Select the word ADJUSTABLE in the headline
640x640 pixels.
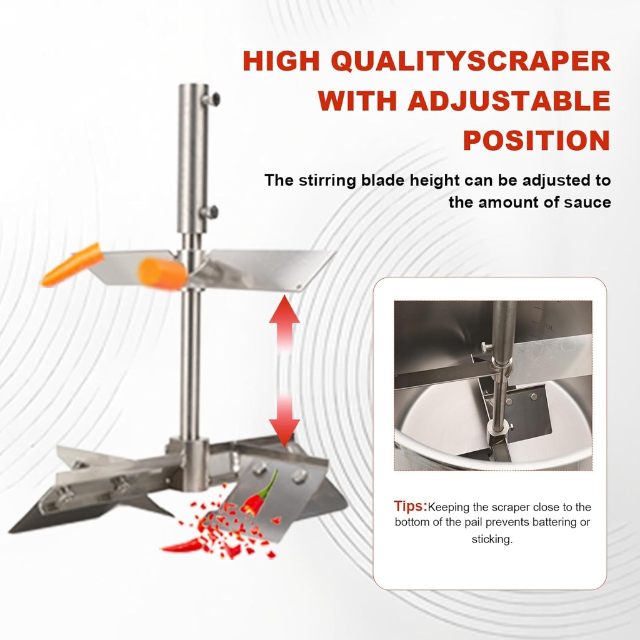pyautogui.click(x=509, y=101)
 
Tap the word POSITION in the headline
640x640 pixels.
pyautogui.click(x=537, y=141)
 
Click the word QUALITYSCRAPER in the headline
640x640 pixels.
pyautogui.click(x=473, y=61)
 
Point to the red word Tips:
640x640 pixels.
pyautogui.click(x=410, y=506)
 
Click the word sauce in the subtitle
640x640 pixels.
pyautogui.click(x=589, y=202)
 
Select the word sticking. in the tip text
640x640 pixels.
pyautogui.click(x=492, y=539)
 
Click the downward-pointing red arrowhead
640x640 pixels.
pyautogui.click(x=284, y=432)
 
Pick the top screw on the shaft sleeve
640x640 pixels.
pyautogui.click(x=212, y=98)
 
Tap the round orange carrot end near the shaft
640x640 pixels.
pyautogui.click(x=162, y=272)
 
